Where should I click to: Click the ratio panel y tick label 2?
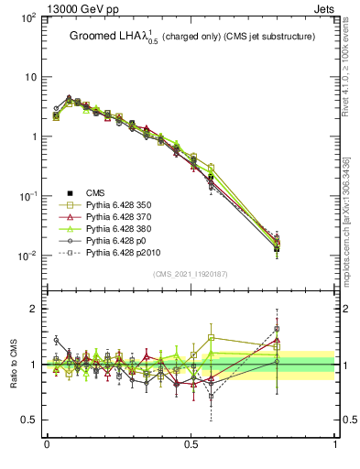(x=33, y=309)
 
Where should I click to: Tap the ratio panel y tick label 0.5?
(x=27, y=421)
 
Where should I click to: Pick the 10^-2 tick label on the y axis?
(x=27, y=256)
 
